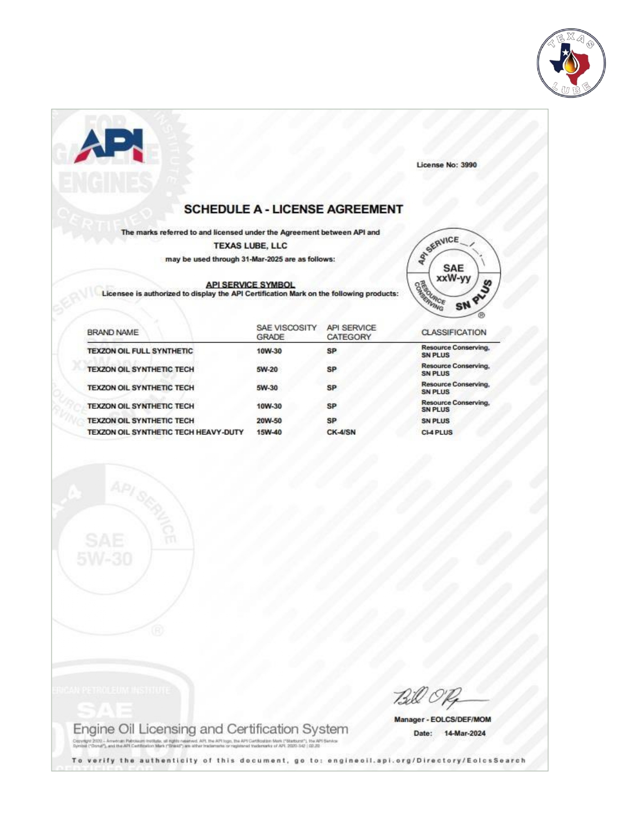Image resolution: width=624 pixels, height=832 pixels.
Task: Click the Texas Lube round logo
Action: pyautogui.click(x=571, y=63)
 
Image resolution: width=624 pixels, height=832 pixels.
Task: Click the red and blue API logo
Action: pyautogui.click(x=110, y=145)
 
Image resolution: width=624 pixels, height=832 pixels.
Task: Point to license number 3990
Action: pyautogui.click(x=468, y=165)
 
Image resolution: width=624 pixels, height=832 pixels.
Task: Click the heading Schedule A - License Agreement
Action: pyautogui.click(x=293, y=209)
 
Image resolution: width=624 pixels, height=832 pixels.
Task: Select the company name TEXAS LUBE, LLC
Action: pyautogui.click(x=250, y=246)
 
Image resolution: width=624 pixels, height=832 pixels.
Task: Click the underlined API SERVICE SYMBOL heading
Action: pyautogui.click(x=250, y=285)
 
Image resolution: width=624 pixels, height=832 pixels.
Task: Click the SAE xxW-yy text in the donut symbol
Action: pyautogui.click(x=453, y=273)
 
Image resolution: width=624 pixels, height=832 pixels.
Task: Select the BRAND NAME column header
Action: pyautogui.click(x=113, y=332)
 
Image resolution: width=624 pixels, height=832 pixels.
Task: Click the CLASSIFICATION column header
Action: pyautogui.click(x=453, y=332)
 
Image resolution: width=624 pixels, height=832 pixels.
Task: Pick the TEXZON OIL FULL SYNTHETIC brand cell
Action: pyautogui.click(x=140, y=351)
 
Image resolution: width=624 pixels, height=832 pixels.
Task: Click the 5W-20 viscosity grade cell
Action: pyautogui.click(x=267, y=369)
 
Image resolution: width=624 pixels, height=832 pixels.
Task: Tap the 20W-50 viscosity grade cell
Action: pyautogui.click(x=268, y=421)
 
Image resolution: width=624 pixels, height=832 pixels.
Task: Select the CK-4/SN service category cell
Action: pyautogui.click(x=341, y=432)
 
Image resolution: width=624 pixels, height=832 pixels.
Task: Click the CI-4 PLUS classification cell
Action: pyautogui.click(x=437, y=432)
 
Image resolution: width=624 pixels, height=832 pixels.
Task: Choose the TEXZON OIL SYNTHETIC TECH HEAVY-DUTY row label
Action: pyautogui.click(x=165, y=432)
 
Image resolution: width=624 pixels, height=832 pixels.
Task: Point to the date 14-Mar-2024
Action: pyautogui.click(x=464, y=733)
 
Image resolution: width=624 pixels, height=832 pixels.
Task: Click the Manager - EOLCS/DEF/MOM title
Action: pyautogui.click(x=442, y=719)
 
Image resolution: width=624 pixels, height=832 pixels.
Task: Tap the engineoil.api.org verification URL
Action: pyautogui.click(x=426, y=760)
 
